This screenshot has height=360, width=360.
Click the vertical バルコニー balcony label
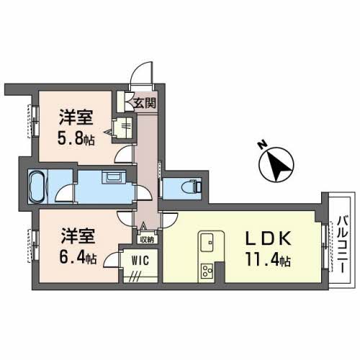(341, 238)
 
